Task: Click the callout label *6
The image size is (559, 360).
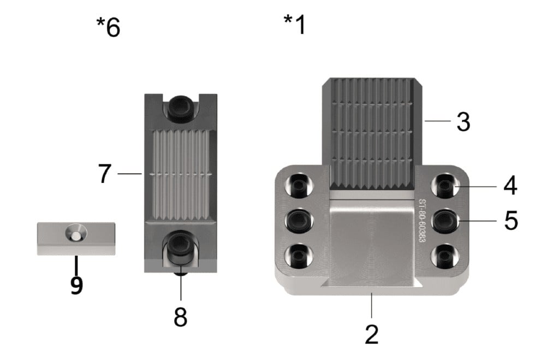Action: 109,27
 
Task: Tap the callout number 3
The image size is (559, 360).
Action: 463,122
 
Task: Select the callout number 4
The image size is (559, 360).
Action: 510,186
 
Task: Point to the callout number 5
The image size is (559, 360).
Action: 511,220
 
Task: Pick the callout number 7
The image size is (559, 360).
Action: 104,173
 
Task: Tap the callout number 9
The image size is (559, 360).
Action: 76,285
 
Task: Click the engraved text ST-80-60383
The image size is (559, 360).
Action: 421,221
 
